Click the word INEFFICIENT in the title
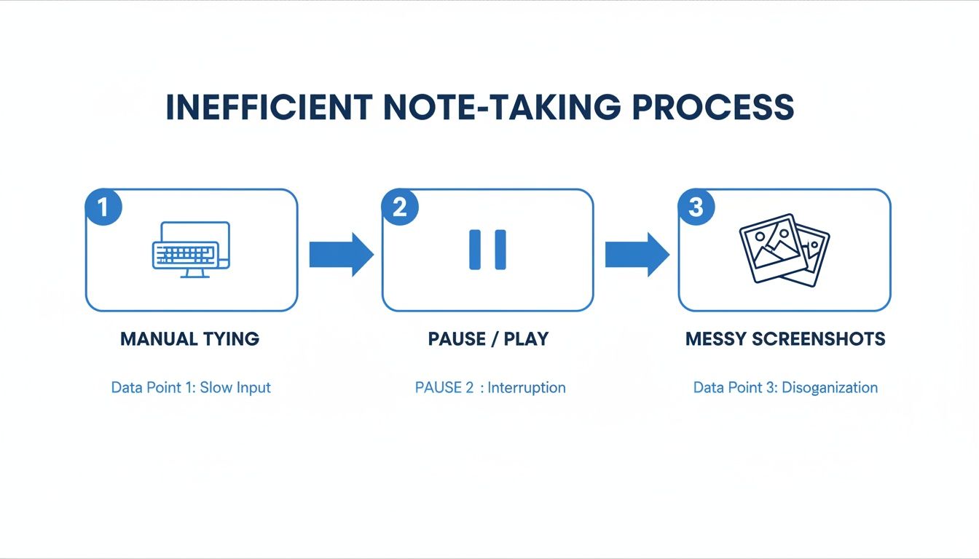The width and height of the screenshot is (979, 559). tap(270, 107)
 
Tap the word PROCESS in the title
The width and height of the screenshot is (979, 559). tap(713, 107)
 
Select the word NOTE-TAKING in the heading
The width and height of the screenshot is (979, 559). tap(502, 107)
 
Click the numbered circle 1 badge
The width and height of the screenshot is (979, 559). tap(103, 207)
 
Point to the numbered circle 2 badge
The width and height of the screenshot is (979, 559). tap(400, 207)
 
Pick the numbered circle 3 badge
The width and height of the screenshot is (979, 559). tap(696, 207)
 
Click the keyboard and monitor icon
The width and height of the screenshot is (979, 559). tap(191, 250)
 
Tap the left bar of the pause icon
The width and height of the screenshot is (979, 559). tap(475, 250)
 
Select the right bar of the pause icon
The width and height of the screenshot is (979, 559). tap(500, 250)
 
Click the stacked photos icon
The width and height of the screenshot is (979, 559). tap(785, 250)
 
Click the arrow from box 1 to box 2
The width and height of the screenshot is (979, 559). tap(342, 255)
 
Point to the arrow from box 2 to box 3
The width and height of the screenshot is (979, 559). tap(637, 255)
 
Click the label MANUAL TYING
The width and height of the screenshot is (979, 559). tap(189, 339)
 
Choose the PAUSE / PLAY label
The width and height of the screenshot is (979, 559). tap(488, 339)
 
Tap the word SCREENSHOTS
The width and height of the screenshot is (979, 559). tap(819, 339)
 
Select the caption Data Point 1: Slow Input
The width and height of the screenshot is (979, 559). tap(191, 388)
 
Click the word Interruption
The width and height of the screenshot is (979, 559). tap(527, 388)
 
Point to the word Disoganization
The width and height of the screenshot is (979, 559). tap(830, 388)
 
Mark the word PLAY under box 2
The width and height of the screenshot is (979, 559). tap(526, 339)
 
